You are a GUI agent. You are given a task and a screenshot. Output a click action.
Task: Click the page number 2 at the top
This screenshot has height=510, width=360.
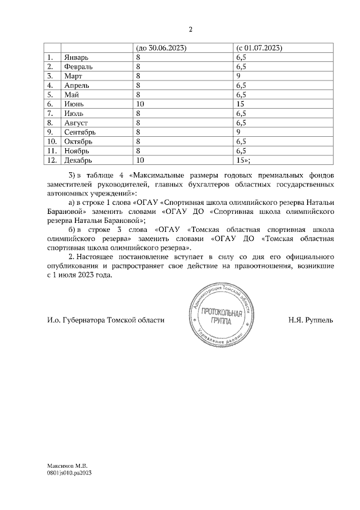pos(190,30)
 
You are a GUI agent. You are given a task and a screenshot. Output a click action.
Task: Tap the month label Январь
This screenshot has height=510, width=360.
pos(76,57)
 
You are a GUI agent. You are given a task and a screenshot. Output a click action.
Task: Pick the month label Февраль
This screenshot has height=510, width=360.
pos(79,66)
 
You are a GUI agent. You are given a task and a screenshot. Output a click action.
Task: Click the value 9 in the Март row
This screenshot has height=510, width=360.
pos(239,76)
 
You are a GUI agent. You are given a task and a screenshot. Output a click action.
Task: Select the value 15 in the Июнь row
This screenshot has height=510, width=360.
pos(241,104)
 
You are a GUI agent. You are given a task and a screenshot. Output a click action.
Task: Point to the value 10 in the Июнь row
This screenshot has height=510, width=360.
pos(139,104)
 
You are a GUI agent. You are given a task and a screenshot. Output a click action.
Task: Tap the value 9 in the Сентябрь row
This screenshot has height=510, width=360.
pos(239,132)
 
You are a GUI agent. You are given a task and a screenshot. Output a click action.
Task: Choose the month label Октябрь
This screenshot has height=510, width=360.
pos(78,141)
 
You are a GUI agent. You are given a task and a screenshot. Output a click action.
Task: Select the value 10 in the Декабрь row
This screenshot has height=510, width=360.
pos(139,160)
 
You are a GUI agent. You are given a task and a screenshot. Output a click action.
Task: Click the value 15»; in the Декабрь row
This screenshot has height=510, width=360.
pos(244,160)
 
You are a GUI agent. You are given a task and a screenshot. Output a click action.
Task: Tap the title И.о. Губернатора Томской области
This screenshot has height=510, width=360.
pos(106,320)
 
